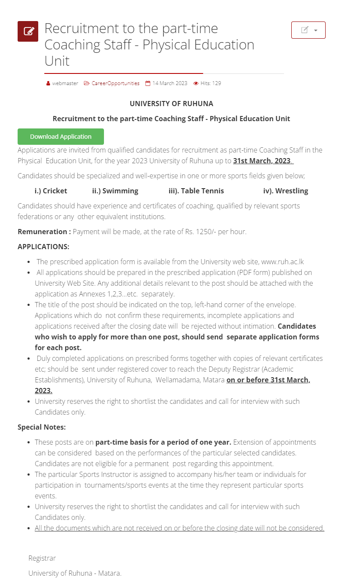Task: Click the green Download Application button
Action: [x=61, y=137]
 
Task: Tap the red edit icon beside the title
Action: [x=28, y=31]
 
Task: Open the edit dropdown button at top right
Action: [x=308, y=30]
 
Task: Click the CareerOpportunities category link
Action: [x=115, y=83]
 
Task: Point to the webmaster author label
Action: [x=65, y=83]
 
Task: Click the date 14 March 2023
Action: [x=170, y=83]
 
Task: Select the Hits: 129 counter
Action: [x=210, y=83]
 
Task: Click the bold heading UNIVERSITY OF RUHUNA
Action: [x=171, y=104]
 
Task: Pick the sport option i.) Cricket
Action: [x=51, y=191]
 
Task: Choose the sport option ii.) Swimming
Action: [x=115, y=191]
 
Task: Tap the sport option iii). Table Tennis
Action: [x=196, y=191]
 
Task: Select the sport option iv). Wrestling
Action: [x=286, y=191]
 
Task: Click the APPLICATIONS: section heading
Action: [x=43, y=247]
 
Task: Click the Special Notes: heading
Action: [x=42, y=427]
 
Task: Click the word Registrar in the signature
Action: [x=42, y=558]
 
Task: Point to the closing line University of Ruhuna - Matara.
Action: [x=75, y=573]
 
